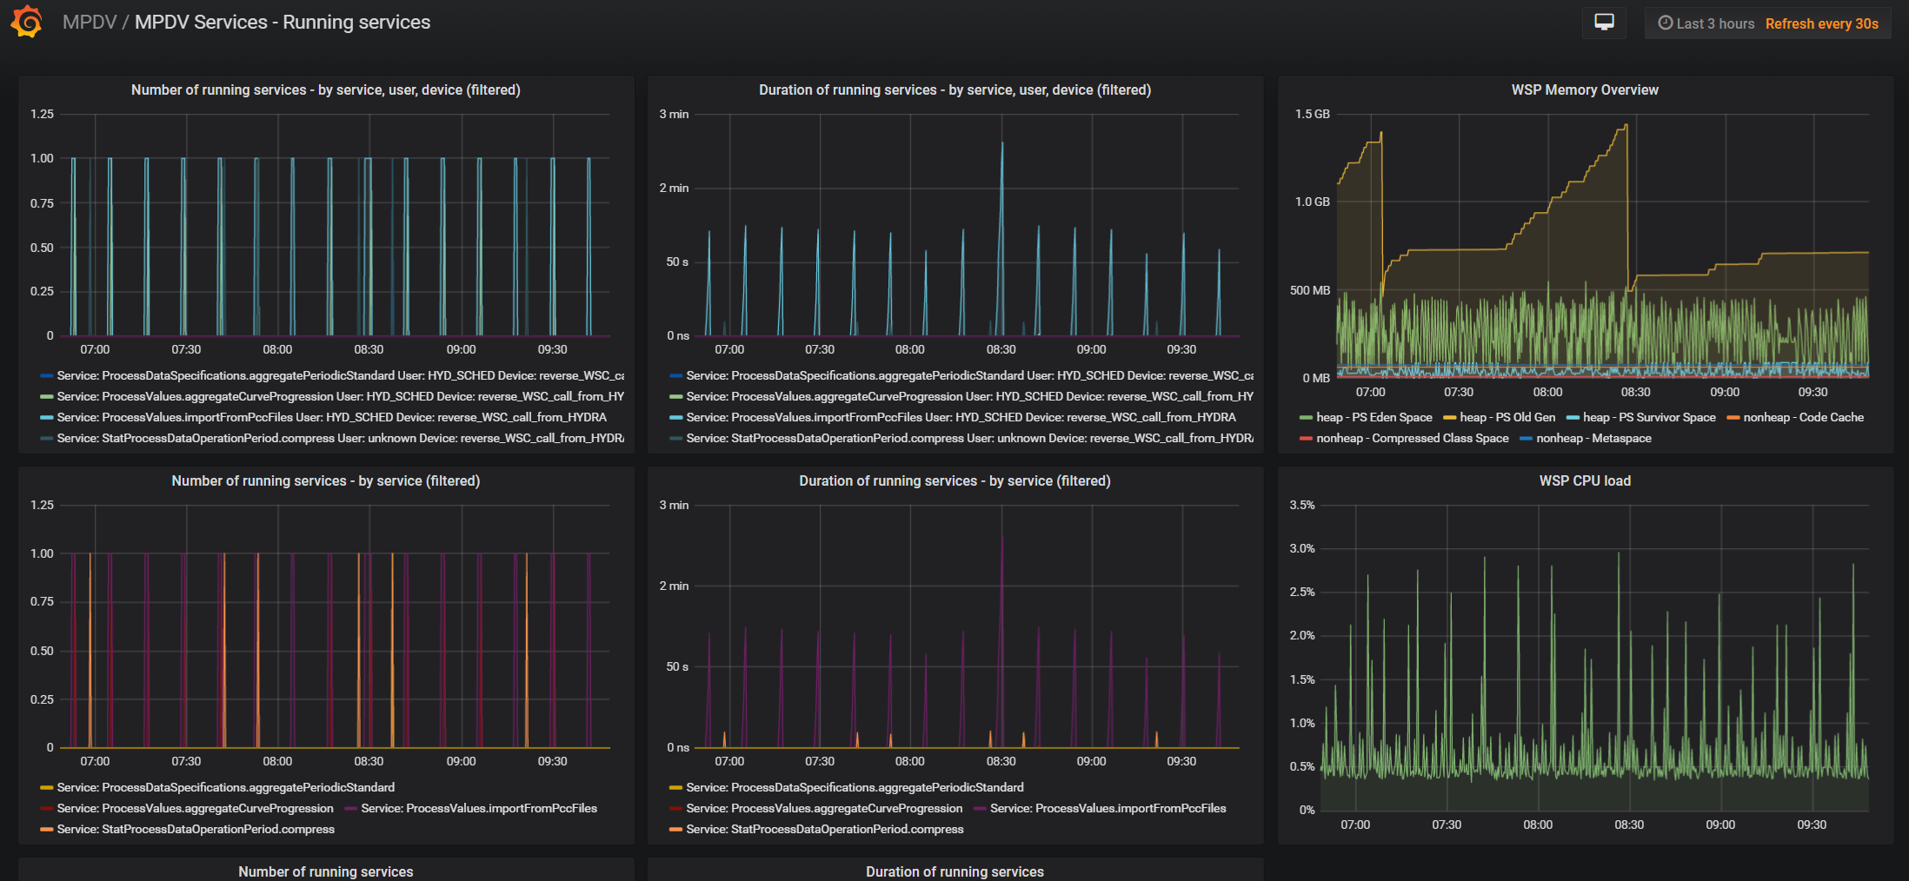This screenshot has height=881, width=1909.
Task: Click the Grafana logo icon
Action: click(27, 22)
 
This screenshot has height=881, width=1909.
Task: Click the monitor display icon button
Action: click(1604, 23)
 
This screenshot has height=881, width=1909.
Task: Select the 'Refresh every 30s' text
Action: click(1821, 23)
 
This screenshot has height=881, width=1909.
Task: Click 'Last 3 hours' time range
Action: click(1706, 23)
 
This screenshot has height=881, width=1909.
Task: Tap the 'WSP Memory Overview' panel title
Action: click(1585, 89)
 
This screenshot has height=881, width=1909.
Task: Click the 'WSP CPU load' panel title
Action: click(1585, 480)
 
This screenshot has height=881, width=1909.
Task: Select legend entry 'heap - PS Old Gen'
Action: click(1500, 417)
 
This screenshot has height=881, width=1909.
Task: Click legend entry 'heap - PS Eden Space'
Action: click(1366, 417)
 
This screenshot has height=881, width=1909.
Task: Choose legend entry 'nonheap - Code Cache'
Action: click(1795, 417)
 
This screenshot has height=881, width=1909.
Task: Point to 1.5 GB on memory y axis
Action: click(1313, 114)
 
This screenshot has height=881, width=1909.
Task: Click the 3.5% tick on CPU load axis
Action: click(1302, 505)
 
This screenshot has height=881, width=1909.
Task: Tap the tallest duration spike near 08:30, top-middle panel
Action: click(1002, 144)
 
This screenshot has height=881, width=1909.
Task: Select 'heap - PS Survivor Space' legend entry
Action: click(1641, 417)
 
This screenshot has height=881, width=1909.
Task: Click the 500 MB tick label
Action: click(1310, 290)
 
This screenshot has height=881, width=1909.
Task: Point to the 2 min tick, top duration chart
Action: click(674, 188)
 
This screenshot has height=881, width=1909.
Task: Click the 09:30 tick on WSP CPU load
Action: click(1812, 825)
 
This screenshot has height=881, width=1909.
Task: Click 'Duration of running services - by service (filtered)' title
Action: click(954, 480)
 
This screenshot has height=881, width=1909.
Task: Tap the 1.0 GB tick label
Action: click(1313, 202)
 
